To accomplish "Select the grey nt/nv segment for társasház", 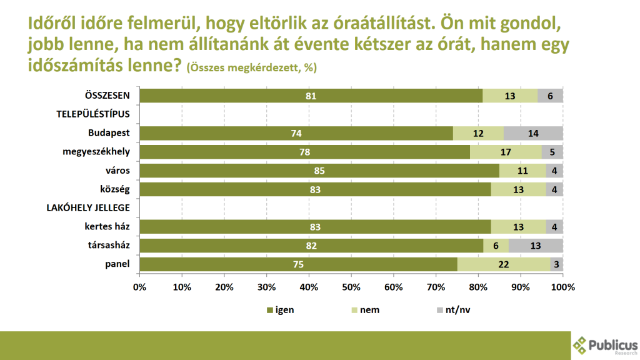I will [536, 246].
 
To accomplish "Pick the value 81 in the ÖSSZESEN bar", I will [311, 96].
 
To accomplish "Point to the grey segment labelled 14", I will [533, 133].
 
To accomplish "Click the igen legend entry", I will [280, 310].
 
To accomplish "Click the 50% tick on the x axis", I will [351, 287].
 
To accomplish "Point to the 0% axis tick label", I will [139, 287].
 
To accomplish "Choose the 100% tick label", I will [562, 287].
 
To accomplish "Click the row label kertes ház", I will [107, 226].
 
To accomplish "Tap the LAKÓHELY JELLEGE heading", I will [89, 207].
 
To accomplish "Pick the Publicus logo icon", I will [581, 346].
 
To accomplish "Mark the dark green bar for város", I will [319, 171].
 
